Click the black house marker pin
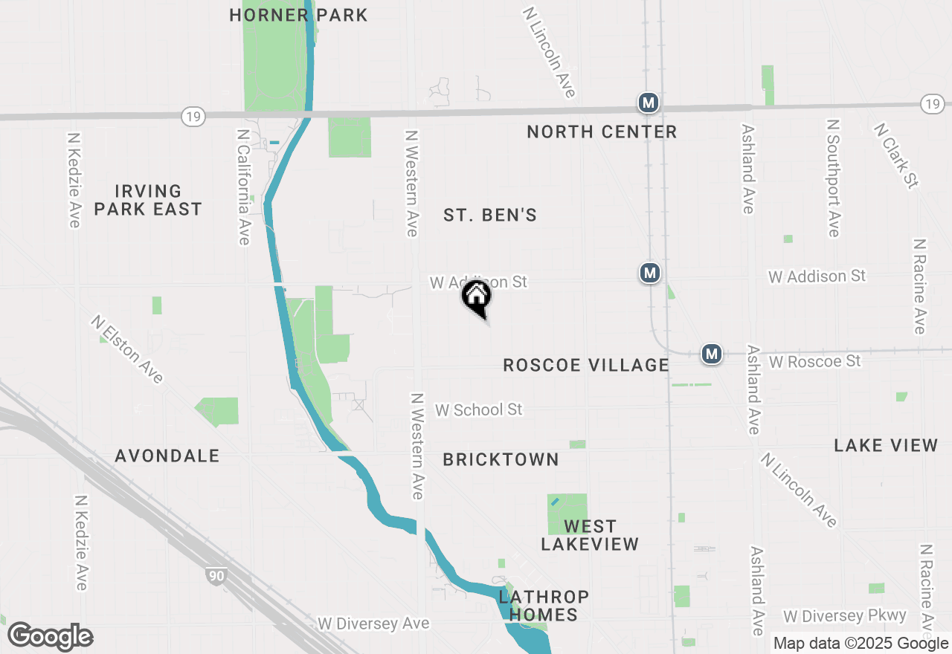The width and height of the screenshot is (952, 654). (477, 297)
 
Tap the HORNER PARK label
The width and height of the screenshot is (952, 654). (298, 15)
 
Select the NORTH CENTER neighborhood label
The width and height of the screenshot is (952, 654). (602, 132)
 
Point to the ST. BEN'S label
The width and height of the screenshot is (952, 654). (490, 216)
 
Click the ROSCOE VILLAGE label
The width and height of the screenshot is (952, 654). (586, 365)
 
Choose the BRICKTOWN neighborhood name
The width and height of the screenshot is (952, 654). (501, 460)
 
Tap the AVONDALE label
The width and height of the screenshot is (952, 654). (167, 456)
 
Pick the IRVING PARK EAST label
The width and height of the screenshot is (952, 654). (148, 201)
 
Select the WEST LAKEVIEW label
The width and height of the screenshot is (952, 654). (590, 535)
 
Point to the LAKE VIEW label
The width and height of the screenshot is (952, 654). (886, 445)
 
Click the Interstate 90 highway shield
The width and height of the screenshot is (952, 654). (215, 574)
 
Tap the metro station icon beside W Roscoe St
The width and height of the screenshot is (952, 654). (713, 354)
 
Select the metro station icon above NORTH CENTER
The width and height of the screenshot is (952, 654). (649, 103)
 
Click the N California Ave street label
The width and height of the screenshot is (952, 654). (243, 187)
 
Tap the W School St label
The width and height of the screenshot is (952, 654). (479, 409)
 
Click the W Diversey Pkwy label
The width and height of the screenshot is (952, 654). (845, 616)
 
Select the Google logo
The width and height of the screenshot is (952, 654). (50, 636)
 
